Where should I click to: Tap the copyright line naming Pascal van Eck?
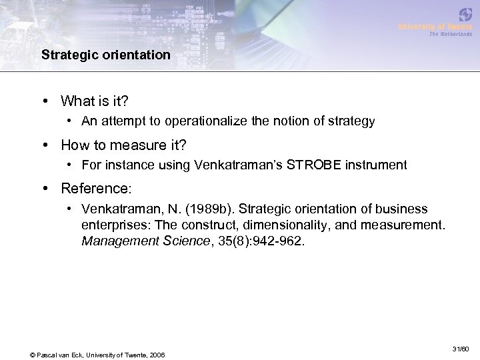click(x=98, y=353)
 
